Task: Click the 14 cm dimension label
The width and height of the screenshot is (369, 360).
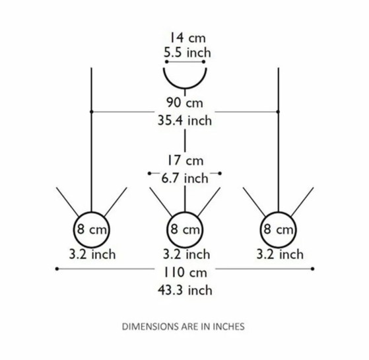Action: [187, 38]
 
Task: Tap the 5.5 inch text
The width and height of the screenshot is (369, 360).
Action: [187, 52]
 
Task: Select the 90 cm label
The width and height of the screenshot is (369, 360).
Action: [185, 102]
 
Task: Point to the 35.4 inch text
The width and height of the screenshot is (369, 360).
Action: [185, 120]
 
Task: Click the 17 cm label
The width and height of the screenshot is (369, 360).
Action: [185, 161]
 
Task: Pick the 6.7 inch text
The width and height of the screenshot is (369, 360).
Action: [185, 178]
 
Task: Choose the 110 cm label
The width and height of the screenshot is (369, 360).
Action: [185, 272]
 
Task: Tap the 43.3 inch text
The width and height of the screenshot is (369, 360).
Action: [185, 290]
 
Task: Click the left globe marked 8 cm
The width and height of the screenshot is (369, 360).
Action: [92, 212]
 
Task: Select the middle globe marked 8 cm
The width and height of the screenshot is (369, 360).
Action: [185, 212]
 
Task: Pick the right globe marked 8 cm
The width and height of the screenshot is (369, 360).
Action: [278, 212]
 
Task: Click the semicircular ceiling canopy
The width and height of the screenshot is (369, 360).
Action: [185, 89]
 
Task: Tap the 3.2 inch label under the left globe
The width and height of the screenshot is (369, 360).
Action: [92, 254]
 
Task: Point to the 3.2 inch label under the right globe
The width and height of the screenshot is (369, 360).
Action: [280, 254]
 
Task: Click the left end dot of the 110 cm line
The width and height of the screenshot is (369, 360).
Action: [57, 269]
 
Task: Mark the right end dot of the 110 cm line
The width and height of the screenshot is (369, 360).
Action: [312, 269]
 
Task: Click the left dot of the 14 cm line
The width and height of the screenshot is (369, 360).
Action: [166, 61]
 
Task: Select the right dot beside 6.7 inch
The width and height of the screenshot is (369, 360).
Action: [220, 174]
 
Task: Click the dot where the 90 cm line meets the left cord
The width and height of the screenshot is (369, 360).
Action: [92, 112]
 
